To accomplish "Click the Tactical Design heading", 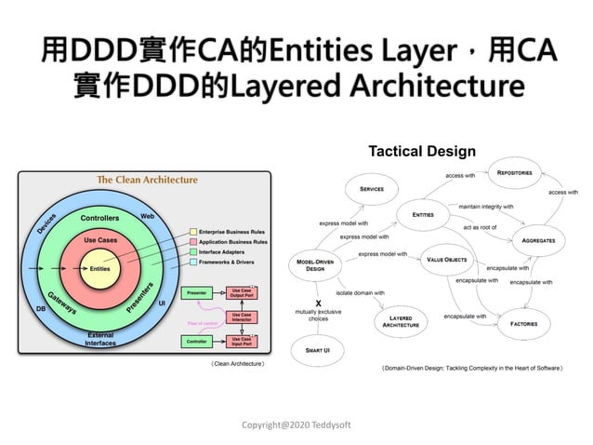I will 422,151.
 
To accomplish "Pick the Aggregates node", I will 538,239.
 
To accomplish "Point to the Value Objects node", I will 447,260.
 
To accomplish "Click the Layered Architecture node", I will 402,321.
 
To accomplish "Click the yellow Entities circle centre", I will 100,268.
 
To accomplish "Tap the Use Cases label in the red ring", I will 100,239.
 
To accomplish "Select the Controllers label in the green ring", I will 99,218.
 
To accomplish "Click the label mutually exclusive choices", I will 318,314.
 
